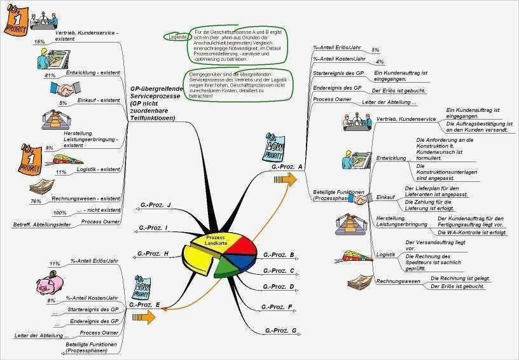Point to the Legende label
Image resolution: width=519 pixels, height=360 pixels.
[x=178, y=37]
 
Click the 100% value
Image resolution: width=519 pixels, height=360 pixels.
[x=60, y=212]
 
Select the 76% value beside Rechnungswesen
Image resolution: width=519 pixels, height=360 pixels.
[x=36, y=201]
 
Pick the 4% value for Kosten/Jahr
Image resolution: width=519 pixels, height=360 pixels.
[x=380, y=62]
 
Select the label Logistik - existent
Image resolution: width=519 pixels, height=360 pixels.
[x=99, y=170]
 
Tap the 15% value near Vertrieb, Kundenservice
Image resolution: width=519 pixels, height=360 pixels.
[x=39, y=41]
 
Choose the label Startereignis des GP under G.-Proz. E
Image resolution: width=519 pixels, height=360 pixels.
[x=93, y=309]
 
